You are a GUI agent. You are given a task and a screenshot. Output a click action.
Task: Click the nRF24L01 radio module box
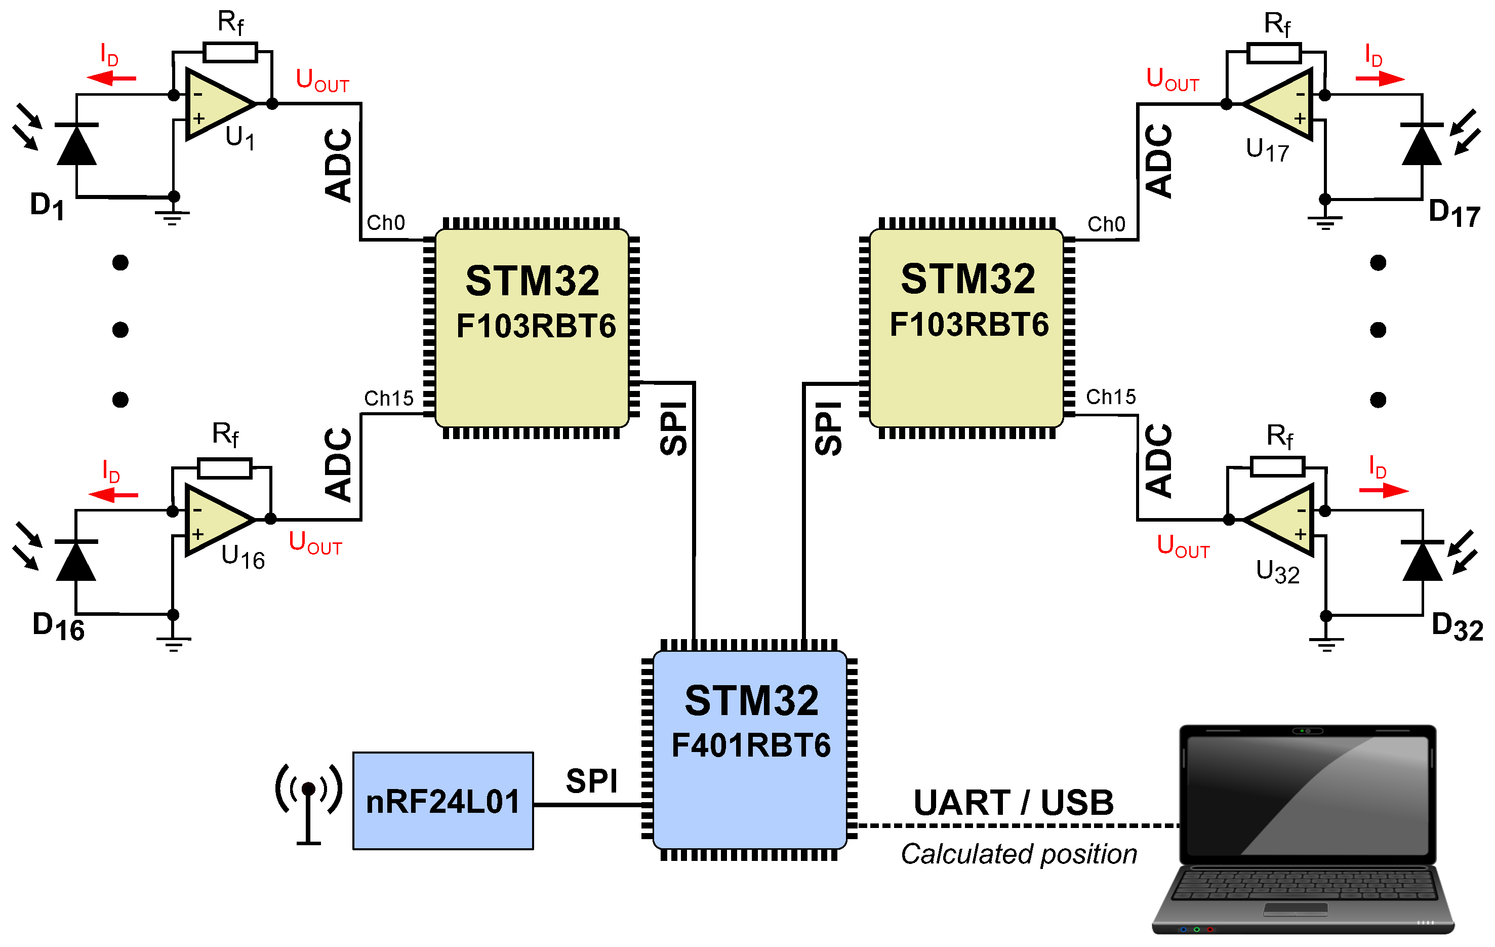coord(442,801)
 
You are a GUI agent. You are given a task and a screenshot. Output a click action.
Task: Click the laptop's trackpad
coord(1295,909)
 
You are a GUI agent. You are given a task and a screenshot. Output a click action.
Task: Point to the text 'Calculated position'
coord(1019,854)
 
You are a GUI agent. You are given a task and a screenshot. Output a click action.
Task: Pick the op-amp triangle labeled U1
coord(217,104)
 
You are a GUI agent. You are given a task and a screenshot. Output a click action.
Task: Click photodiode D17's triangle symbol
coord(1422,146)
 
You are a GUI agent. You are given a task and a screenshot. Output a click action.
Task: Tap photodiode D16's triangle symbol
coord(76,562)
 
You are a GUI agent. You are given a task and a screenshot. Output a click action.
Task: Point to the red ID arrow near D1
coord(111,78)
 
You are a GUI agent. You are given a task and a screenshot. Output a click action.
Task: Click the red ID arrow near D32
coord(1383,491)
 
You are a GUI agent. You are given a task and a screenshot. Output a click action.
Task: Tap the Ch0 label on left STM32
coord(386,222)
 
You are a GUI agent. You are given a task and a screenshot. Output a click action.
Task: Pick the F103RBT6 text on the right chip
coord(968,325)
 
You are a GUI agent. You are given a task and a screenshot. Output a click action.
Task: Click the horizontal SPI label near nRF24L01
coord(591,780)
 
